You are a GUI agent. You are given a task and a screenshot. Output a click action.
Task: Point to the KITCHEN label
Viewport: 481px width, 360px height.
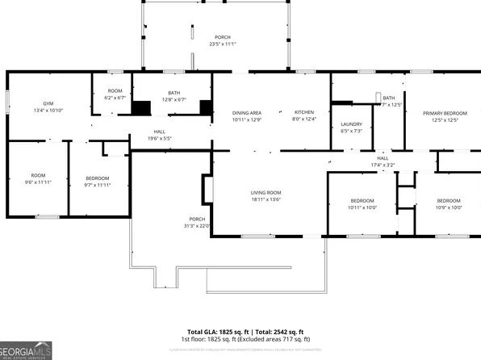coord(303,112)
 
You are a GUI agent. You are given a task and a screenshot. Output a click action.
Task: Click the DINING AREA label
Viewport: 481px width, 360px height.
coord(246,112)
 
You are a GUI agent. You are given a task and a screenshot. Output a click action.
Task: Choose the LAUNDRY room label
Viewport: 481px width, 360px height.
coord(352,123)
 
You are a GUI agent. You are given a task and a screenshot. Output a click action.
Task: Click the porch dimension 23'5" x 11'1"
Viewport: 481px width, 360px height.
coord(222,44)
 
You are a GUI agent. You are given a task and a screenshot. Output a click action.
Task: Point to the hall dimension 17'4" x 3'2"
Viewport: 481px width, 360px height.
coord(383,165)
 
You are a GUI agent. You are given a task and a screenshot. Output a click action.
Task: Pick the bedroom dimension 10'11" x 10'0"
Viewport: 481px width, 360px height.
coord(362,207)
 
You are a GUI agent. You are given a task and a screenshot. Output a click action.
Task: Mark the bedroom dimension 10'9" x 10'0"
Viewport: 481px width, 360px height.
coord(449,207)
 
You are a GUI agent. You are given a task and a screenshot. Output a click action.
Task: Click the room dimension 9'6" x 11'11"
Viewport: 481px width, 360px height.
coord(38,182)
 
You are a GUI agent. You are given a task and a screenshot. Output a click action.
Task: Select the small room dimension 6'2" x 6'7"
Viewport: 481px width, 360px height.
coord(115,98)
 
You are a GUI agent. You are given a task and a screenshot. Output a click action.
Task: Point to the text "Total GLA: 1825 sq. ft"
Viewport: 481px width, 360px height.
coord(219,332)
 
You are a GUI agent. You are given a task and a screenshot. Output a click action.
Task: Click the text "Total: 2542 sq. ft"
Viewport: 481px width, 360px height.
coord(280,332)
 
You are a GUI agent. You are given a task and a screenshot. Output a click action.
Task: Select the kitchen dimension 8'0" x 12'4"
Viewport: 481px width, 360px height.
coord(303,119)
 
